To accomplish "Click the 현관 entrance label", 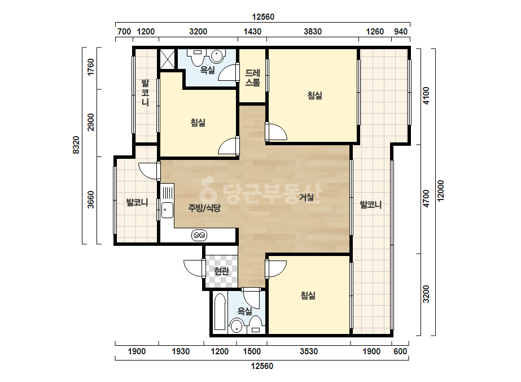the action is click(x=221, y=271).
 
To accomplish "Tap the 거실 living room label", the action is click(x=307, y=197).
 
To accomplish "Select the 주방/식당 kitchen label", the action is click(x=204, y=209).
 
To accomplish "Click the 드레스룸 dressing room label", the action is click(x=252, y=78).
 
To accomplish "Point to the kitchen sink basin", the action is click(x=167, y=210).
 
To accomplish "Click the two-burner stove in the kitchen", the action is click(x=199, y=235).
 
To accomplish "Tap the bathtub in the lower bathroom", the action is click(x=220, y=311).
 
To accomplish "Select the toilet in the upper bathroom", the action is click(x=198, y=57).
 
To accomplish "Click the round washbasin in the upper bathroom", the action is click(x=217, y=56).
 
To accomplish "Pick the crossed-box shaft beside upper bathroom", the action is click(x=167, y=59).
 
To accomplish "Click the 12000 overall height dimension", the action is click(x=441, y=191).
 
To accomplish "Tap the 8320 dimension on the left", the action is click(x=76, y=145).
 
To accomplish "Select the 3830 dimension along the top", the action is click(x=313, y=32).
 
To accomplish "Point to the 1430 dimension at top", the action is click(x=252, y=32).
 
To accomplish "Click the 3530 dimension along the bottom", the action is click(x=309, y=351).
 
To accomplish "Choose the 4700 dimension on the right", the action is click(x=426, y=198).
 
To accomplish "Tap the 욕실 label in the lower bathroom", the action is click(x=244, y=311).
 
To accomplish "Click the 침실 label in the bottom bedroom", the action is click(x=308, y=295).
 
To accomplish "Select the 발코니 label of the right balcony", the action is click(x=371, y=205).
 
